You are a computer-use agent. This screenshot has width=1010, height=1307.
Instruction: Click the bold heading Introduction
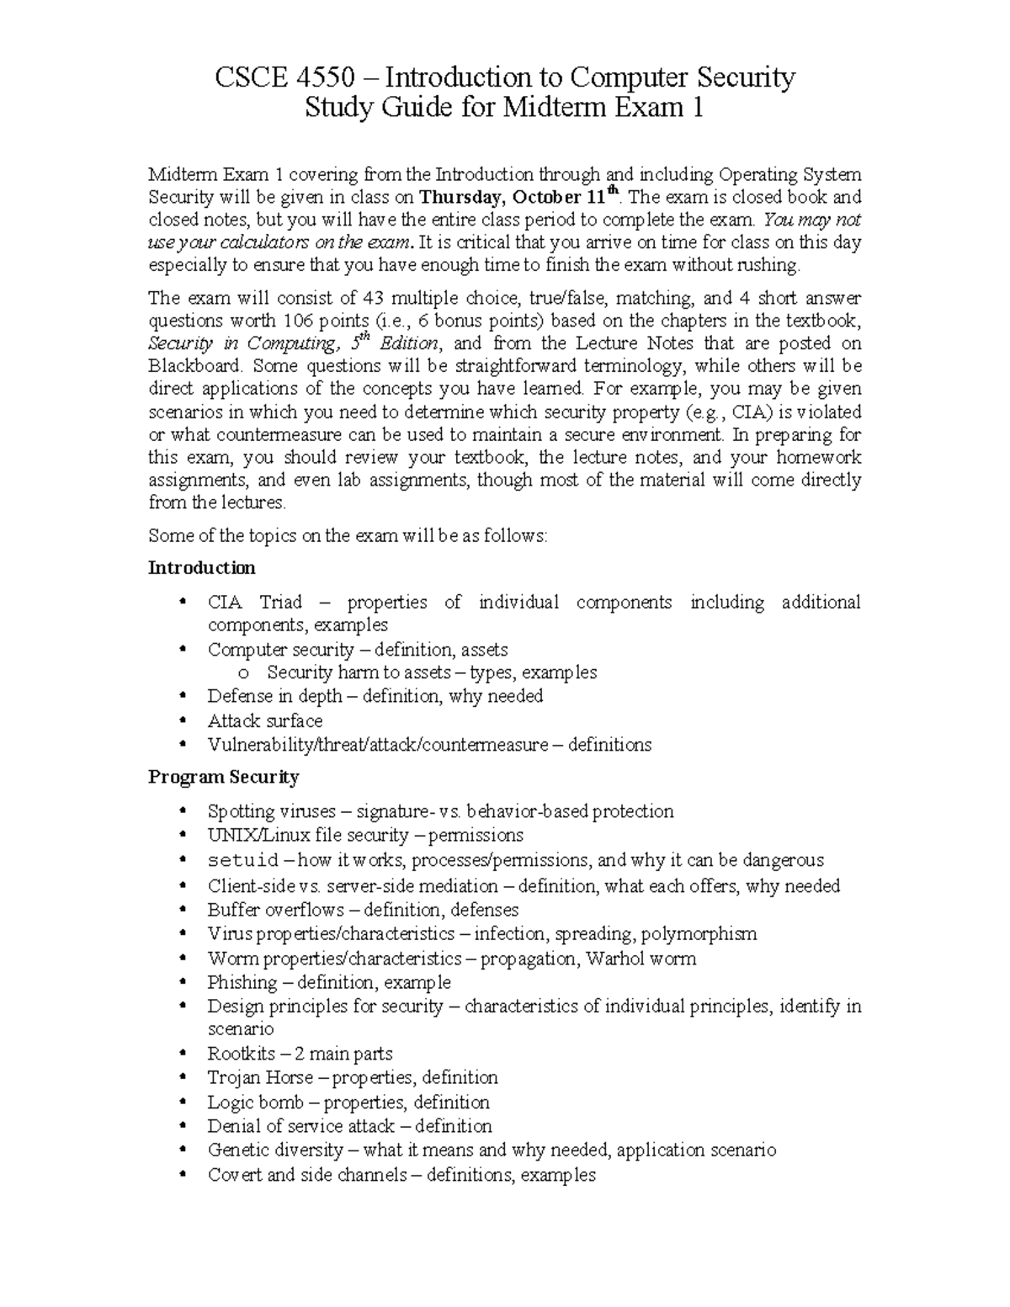201,567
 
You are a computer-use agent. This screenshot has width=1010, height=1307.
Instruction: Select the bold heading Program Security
223,776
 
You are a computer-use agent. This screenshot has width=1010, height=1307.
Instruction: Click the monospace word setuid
243,860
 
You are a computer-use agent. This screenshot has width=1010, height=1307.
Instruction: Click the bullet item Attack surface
264,720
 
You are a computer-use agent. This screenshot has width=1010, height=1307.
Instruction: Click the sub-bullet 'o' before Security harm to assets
244,673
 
